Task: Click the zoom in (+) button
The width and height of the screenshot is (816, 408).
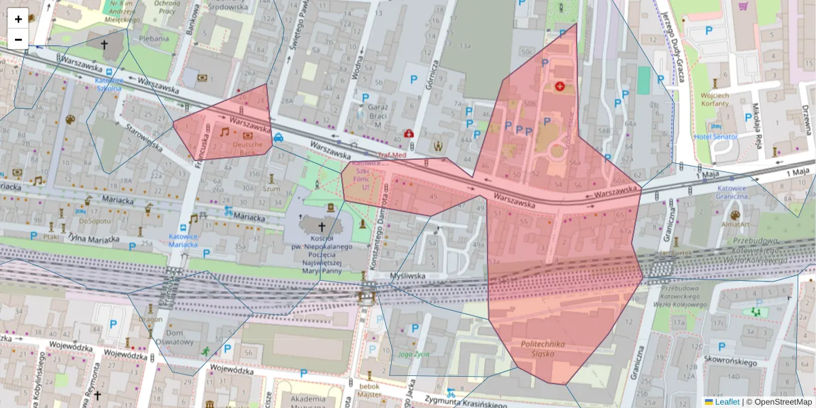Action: (18, 19)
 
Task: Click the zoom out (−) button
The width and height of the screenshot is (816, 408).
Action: (18, 39)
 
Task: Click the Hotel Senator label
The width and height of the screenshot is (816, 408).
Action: (715, 137)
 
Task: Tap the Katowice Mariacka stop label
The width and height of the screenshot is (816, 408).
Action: (183, 240)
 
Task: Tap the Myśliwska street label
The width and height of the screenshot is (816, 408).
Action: (407, 275)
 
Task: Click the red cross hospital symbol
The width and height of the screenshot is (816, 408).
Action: (560, 86)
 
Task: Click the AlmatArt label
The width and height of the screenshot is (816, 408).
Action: (735, 224)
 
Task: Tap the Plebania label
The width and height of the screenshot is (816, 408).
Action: (154, 39)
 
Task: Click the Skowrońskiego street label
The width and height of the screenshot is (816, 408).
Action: (731, 363)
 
